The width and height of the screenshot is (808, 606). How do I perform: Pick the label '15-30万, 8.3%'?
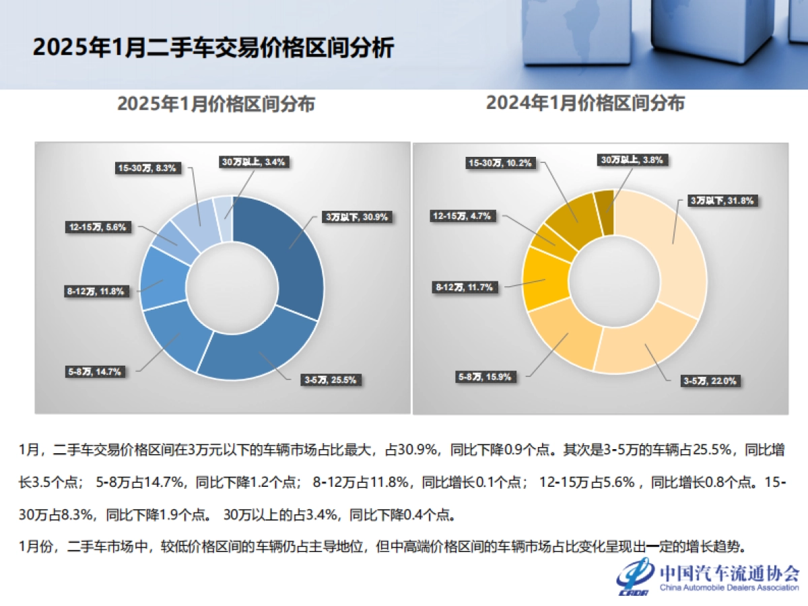[145, 168]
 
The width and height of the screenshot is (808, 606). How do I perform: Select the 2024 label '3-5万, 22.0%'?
[709, 381]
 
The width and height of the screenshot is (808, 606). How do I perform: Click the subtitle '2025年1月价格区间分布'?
[215, 104]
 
